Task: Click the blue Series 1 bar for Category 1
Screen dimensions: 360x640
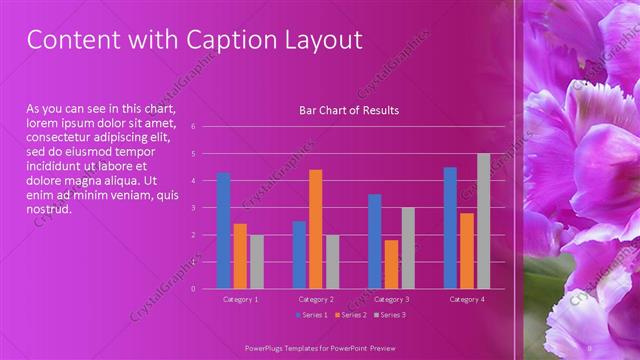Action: [x=224, y=231]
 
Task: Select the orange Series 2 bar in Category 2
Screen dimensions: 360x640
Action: [x=316, y=229]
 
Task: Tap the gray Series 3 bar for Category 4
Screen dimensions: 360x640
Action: [x=484, y=221]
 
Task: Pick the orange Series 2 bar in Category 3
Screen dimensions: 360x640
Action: [x=391, y=264]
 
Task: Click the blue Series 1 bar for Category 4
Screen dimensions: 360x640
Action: [x=450, y=228]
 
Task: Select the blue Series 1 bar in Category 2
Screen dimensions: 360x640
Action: [x=299, y=255]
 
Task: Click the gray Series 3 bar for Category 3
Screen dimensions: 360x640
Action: [x=408, y=248]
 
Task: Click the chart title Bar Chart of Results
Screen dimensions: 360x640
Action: [x=349, y=110]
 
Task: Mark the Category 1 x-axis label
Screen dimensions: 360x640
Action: [x=240, y=299]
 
